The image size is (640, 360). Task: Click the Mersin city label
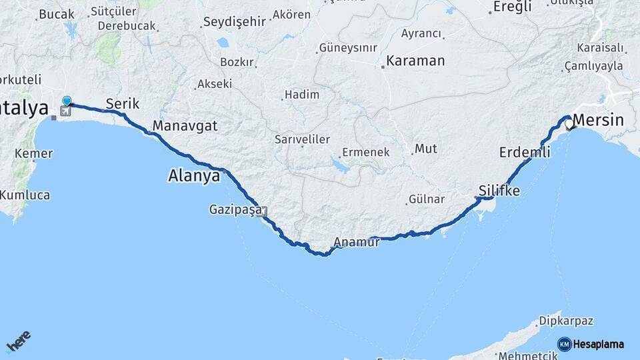[x=599, y=121]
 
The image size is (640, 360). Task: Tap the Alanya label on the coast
[x=194, y=177]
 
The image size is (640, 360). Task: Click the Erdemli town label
[x=525, y=153]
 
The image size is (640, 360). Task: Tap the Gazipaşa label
[x=235, y=210]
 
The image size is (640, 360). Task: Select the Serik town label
[x=123, y=104]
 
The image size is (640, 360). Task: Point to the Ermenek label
[x=365, y=152]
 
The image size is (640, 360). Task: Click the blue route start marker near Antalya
[x=67, y=101]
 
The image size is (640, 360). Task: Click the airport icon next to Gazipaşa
[x=265, y=213]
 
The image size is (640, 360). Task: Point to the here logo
[x=19, y=343]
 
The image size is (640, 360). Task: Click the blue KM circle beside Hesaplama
[x=564, y=344]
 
